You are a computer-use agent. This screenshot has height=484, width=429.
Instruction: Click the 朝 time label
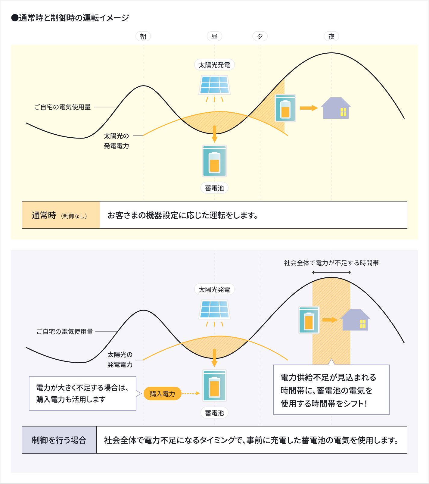(x=143, y=36)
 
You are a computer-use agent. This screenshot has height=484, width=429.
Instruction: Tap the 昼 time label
(x=214, y=36)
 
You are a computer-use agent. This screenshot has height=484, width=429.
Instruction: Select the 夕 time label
(x=260, y=36)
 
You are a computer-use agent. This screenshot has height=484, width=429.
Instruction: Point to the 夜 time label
(x=331, y=36)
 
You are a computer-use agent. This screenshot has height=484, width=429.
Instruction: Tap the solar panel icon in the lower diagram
(x=215, y=309)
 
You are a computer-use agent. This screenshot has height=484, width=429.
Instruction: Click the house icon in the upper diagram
(x=336, y=108)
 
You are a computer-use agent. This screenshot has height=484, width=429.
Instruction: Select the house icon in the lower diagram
(x=356, y=320)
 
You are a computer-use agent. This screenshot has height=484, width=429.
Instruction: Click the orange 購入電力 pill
(x=163, y=394)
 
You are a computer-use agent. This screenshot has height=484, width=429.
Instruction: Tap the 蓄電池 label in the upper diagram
(x=214, y=188)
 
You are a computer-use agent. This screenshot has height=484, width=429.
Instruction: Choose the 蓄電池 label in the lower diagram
(x=214, y=413)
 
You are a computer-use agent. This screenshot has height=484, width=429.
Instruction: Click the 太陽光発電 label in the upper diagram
(x=214, y=65)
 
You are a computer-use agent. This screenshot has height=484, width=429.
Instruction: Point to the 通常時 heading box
(x=61, y=215)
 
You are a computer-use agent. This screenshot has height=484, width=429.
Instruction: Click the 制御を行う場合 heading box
(x=59, y=440)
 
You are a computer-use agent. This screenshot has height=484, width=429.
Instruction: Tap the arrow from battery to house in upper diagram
(x=309, y=108)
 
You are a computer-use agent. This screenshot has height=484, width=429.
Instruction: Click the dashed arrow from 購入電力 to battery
(x=191, y=393)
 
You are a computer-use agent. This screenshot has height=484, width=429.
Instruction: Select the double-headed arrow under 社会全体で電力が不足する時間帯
(x=331, y=273)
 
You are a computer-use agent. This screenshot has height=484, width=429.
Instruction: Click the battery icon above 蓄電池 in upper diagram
(x=214, y=161)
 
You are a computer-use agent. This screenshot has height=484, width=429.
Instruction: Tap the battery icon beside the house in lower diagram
(x=309, y=320)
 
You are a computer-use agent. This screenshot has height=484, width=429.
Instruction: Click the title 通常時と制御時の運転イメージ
(x=70, y=18)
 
